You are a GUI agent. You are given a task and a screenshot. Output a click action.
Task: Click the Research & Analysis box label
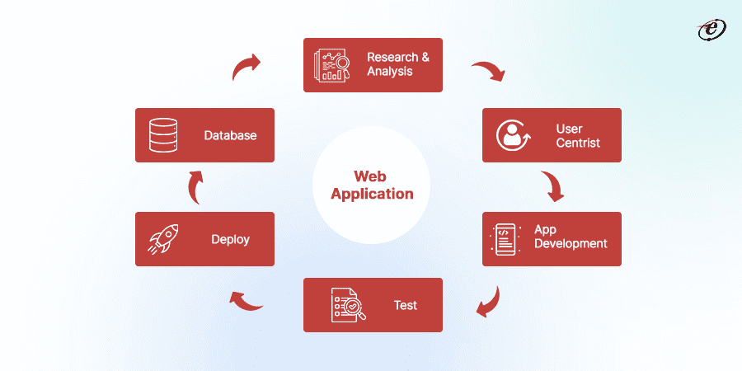coord(398,64)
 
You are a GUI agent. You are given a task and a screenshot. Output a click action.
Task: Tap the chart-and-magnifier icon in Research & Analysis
coord(331,65)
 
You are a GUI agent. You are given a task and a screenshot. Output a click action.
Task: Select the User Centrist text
coord(578,136)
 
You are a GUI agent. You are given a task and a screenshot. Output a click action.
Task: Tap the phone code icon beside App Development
coord(504,239)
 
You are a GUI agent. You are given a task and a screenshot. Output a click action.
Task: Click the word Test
coord(405,305)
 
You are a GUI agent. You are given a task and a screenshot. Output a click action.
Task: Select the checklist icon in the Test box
coord(346,305)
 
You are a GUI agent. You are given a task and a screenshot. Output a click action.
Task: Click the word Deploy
coord(230,239)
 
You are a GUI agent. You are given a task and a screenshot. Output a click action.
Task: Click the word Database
coord(230,135)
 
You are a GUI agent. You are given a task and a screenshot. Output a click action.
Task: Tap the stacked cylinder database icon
coord(163,135)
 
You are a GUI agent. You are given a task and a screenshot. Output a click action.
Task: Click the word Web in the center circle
coord(370,176)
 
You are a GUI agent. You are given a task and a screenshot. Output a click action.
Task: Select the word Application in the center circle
coord(371,195)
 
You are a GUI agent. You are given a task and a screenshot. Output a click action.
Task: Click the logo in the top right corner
coord(711,30)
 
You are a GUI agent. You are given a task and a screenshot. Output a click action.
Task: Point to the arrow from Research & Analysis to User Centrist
coord(488,71)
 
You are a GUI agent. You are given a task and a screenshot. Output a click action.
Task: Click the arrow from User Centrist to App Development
coord(552,186)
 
